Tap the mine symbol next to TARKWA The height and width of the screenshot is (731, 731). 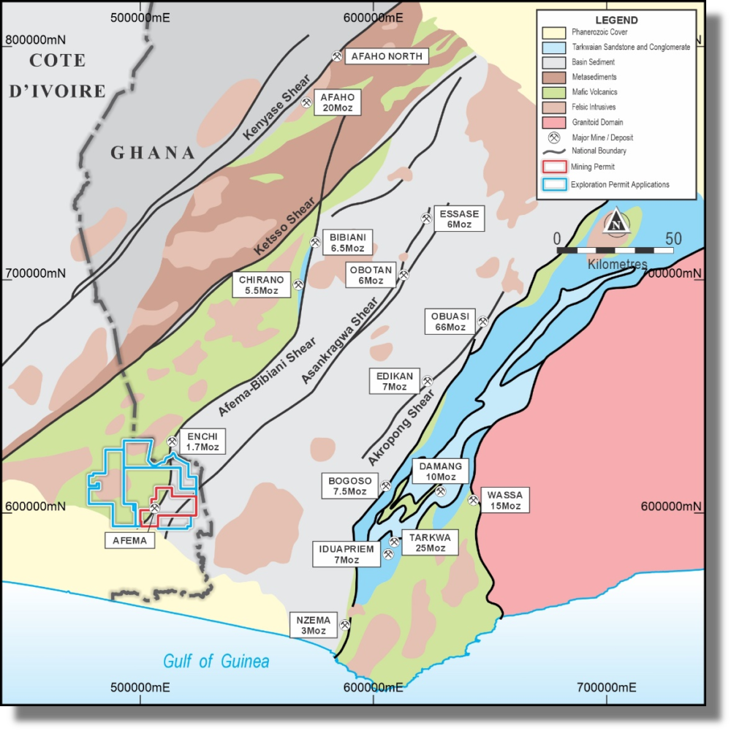[x=394, y=542]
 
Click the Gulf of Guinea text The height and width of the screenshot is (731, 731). [x=216, y=662]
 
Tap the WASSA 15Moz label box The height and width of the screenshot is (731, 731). [x=504, y=501]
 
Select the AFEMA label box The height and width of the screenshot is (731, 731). [x=130, y=541]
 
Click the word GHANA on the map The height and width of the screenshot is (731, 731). [x=153, y=153]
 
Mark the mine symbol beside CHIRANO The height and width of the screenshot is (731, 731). [x=298, y=285]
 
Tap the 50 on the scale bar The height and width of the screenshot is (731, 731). [x=673, y=239]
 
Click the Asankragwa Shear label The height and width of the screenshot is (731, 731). [x=339, y=341]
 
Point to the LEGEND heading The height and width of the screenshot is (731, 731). [x=616, y=20]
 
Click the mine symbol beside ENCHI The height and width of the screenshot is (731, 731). [x=172, y=442]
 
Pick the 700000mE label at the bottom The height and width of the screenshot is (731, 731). [x=606, y=687]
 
